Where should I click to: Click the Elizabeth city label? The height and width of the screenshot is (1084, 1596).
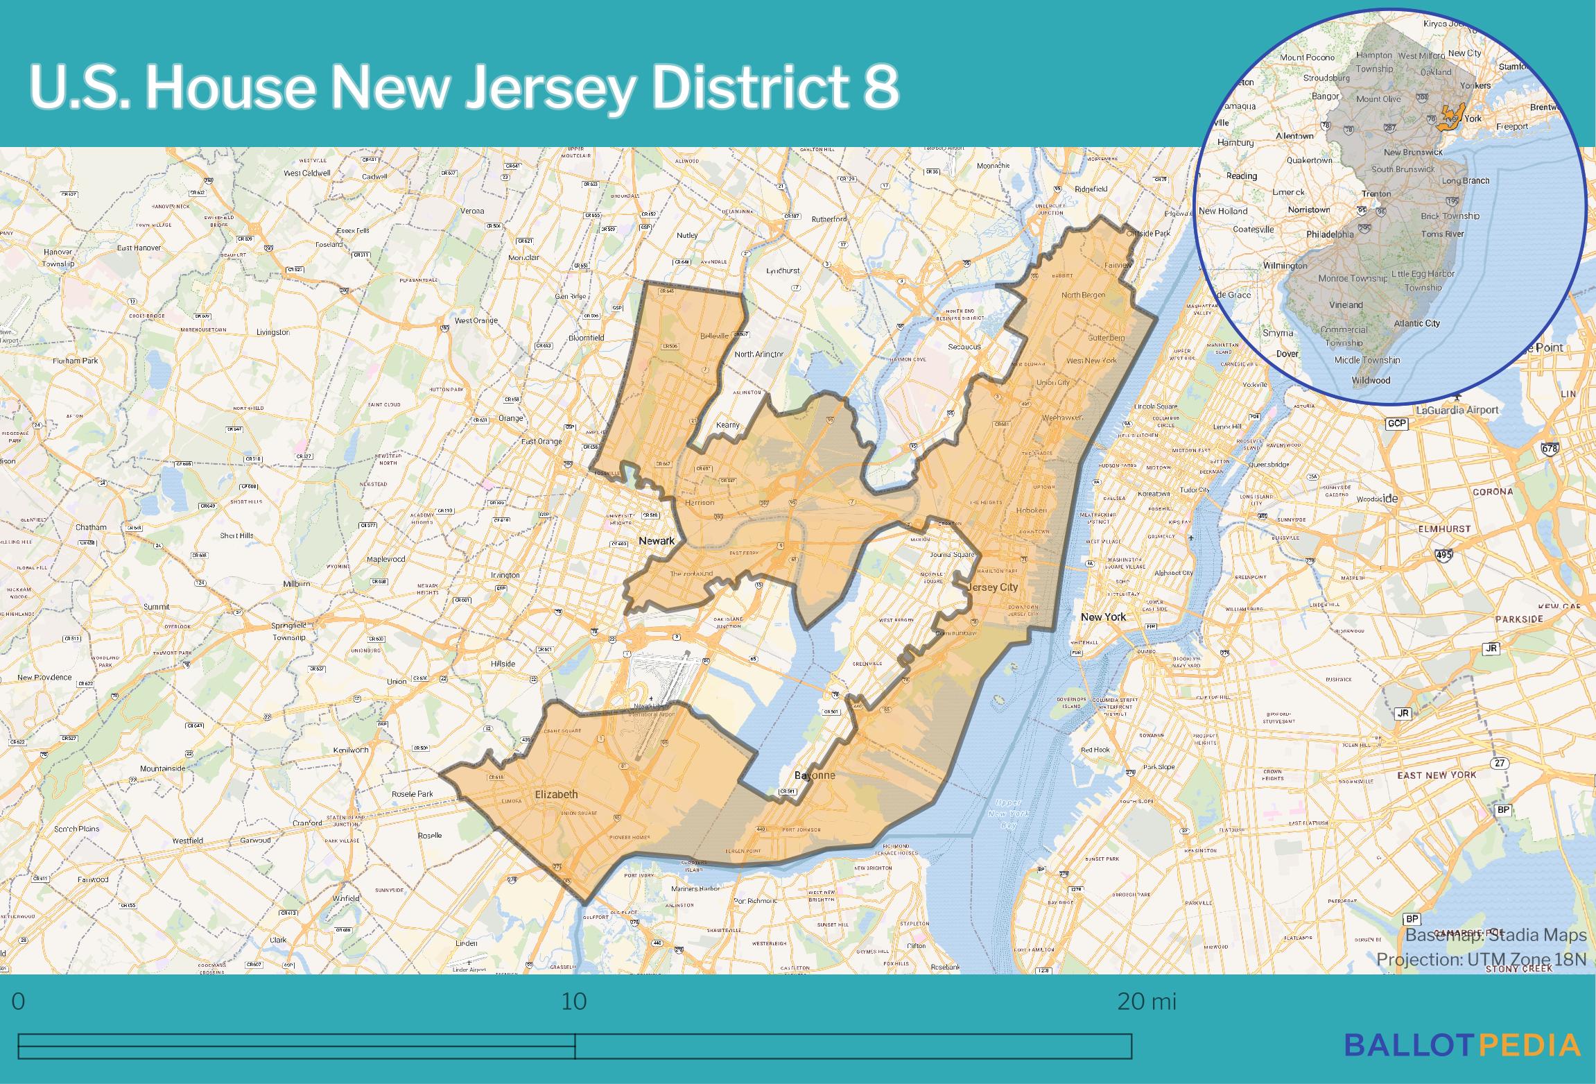556,794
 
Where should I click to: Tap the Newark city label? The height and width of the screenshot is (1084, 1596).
656,540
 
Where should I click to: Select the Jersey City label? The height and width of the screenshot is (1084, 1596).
993,587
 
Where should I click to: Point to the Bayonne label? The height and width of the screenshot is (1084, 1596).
814,775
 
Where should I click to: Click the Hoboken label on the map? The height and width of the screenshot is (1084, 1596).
1032,510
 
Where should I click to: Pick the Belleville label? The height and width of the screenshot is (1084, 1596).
714,336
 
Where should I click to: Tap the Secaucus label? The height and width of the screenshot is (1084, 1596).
964,346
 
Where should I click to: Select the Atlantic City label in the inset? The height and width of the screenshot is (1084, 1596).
1417,323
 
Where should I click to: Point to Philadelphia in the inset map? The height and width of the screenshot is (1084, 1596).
1330,234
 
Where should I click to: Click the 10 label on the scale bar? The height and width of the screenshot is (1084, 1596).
574,1002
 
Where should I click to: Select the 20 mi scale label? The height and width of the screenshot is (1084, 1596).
1146,1002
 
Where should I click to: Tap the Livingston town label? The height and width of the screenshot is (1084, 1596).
272,332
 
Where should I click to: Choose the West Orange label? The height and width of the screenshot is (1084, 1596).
476,320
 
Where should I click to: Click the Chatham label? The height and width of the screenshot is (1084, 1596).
91,527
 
